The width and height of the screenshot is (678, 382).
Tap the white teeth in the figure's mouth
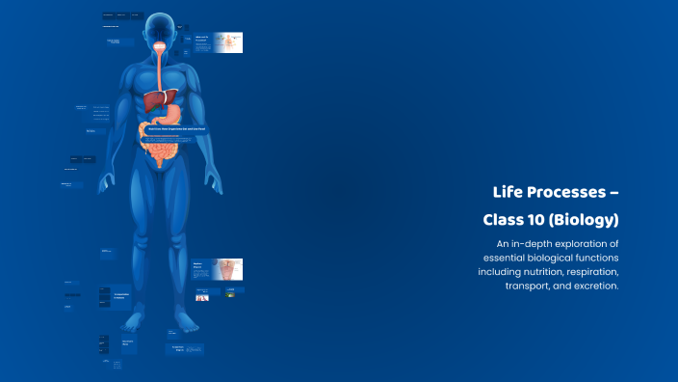point(159,43)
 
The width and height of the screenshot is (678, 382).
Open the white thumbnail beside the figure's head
point(227,42)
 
